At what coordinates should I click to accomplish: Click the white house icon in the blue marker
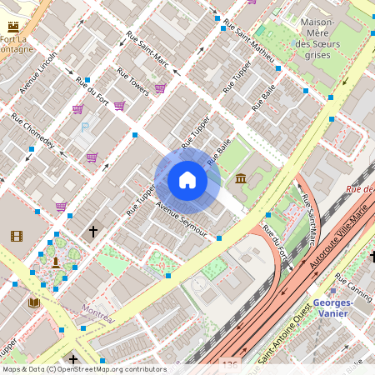click(187, 180)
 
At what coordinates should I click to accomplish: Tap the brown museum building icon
click(241, 178)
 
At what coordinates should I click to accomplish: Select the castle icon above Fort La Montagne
click(13, 26)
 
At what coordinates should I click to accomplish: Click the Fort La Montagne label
click(18, 45)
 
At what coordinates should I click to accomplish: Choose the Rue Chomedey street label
click(32, 132)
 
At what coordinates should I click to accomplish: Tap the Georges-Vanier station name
click(332, 307)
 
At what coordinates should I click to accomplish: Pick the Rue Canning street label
click(354, 287)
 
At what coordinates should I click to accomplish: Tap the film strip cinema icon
click(17, 236)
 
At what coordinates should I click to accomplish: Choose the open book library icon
click(34, 302)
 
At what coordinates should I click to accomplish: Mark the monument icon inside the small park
click(55, 262)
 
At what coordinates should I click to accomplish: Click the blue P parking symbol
click(84, 127)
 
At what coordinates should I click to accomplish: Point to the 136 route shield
click(231, 365)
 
